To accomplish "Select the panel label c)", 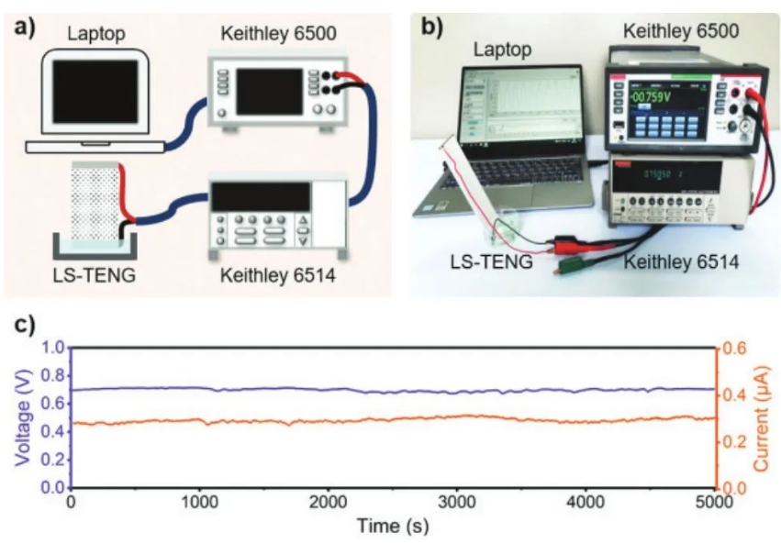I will [26, 326].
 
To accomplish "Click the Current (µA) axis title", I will [761, 417].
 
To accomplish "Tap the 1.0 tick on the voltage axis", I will [52, 349].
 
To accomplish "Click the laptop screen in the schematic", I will [95, 92].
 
